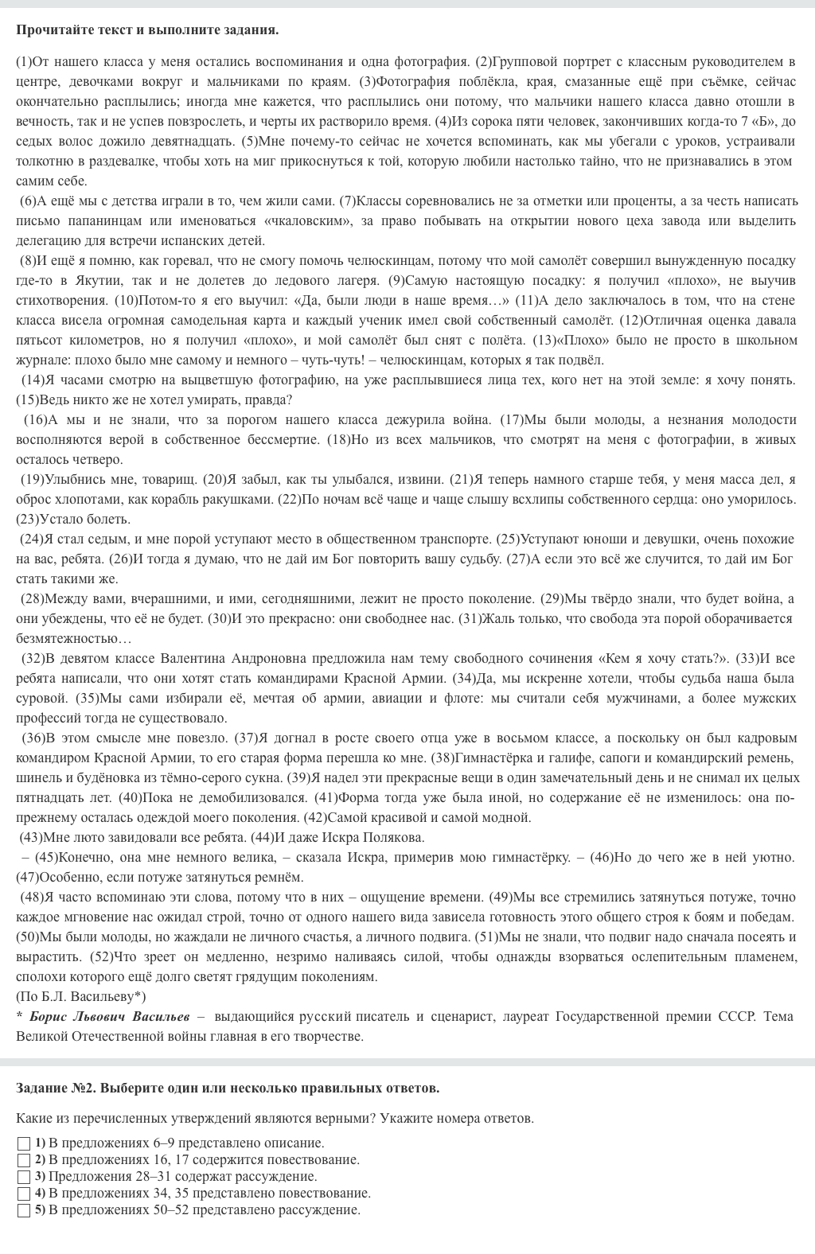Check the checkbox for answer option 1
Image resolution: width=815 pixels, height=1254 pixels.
[x=24, y=1143]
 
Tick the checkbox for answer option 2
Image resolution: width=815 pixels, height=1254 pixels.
[x=24, y=1160]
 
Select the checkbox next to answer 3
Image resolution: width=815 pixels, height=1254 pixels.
[x=24, y=1177]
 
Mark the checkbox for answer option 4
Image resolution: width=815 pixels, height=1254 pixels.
[x=24, y=1194]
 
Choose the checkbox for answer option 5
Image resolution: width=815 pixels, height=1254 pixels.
[x=24, y=1210]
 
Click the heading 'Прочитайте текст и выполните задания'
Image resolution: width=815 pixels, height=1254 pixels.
[x=147, y=30]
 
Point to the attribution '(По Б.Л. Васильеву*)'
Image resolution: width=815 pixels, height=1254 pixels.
[x=81, y=996]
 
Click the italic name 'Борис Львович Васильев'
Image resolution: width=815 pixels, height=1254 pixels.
[x=110, y=1016]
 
